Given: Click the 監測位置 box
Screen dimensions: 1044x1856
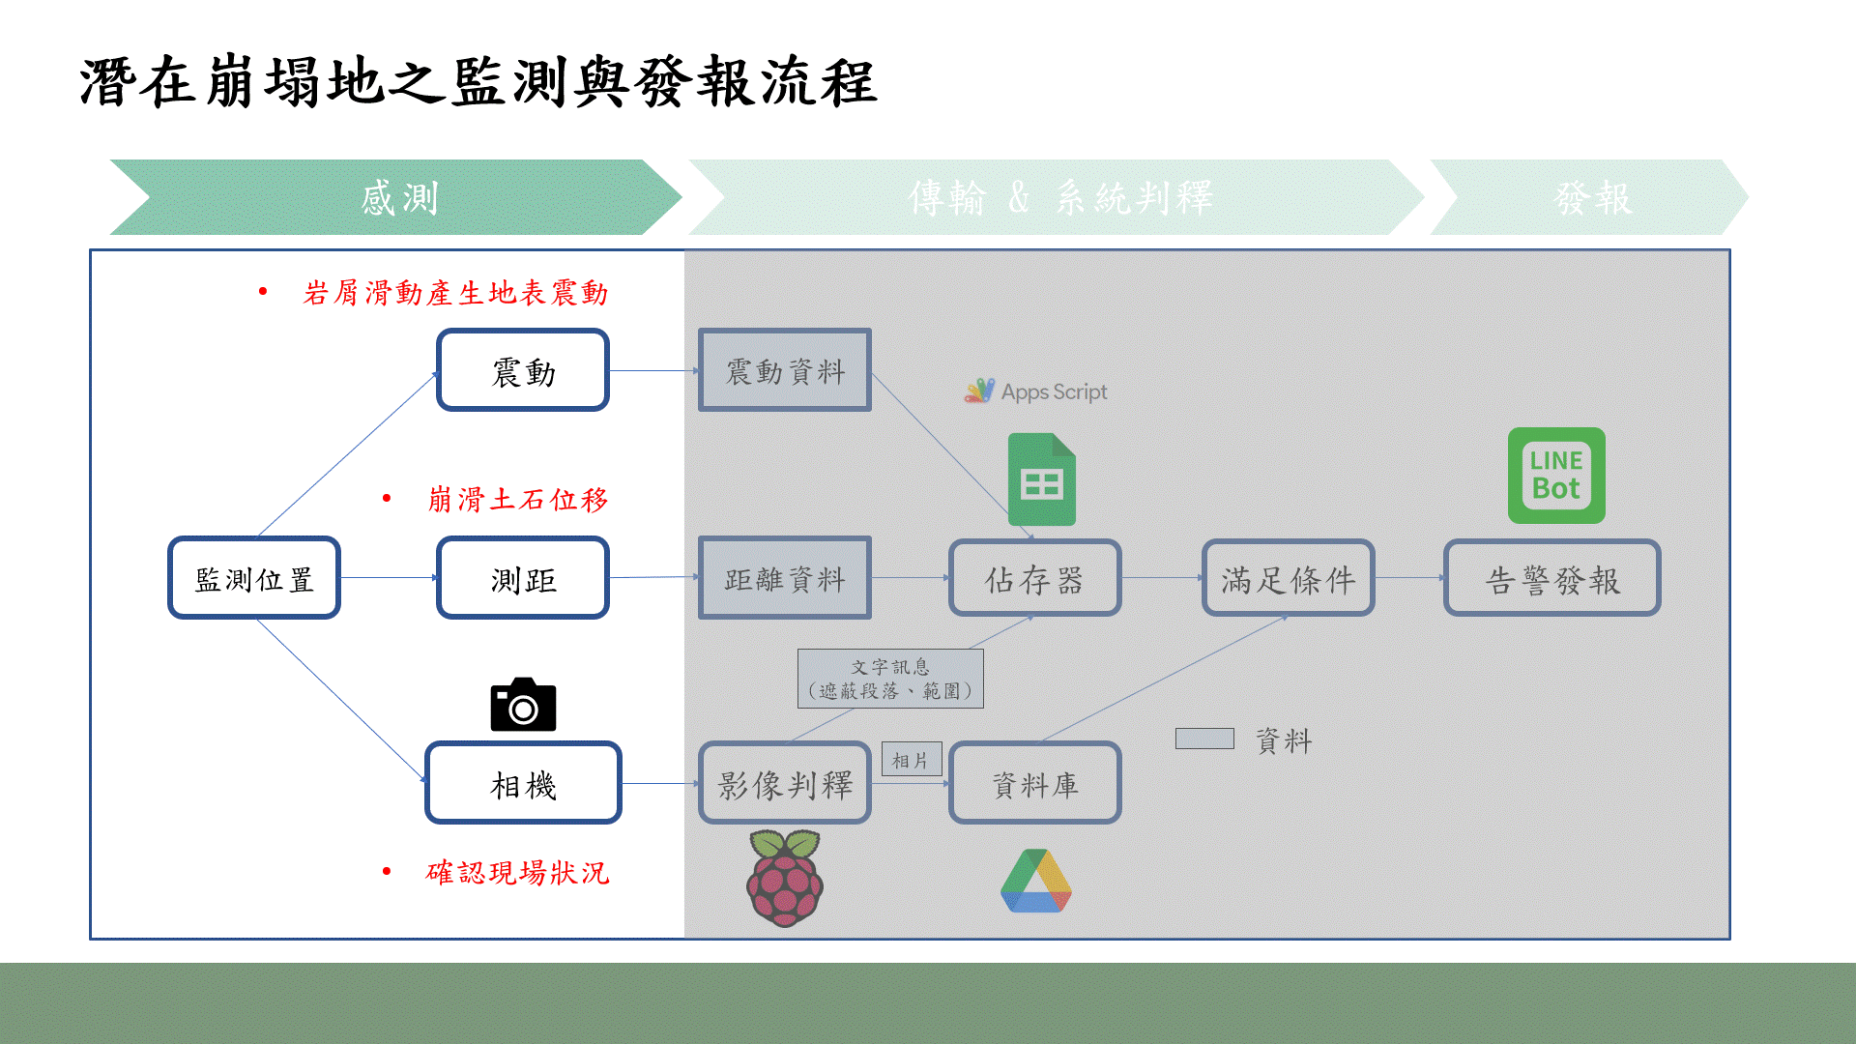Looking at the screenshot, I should [254, 578].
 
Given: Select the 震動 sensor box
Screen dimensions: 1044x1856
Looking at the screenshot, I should [523, 370].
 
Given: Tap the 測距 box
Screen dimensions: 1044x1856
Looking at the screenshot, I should [523, 578].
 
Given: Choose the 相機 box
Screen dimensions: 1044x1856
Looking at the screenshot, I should [523, 783].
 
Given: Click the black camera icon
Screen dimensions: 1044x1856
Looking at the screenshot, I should [523, 705].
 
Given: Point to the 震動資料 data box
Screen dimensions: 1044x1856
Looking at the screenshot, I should [785, 370].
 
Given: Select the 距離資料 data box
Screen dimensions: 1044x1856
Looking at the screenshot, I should [785, 578].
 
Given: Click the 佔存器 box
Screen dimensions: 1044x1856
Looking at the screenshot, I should [1034, 578].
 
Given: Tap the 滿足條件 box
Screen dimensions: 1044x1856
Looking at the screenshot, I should [1288, 578].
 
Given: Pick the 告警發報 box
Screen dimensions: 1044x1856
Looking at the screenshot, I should [1551, 578].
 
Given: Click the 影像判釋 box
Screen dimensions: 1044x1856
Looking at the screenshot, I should [785, 783].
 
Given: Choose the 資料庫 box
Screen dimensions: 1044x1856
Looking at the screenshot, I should [1034, 783].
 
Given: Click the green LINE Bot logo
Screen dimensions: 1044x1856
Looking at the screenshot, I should [1556, 476].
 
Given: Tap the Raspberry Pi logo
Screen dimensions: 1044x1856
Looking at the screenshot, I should [785, 878].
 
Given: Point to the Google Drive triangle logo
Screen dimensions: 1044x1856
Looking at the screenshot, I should [1036, 882].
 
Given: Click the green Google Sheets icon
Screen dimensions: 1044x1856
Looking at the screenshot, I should [1041, 479].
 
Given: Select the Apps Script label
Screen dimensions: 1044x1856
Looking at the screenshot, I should [1036, 391].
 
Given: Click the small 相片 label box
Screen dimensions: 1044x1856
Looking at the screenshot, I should [911, 760].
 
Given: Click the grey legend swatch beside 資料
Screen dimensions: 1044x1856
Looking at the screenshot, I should [1204, 739].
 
